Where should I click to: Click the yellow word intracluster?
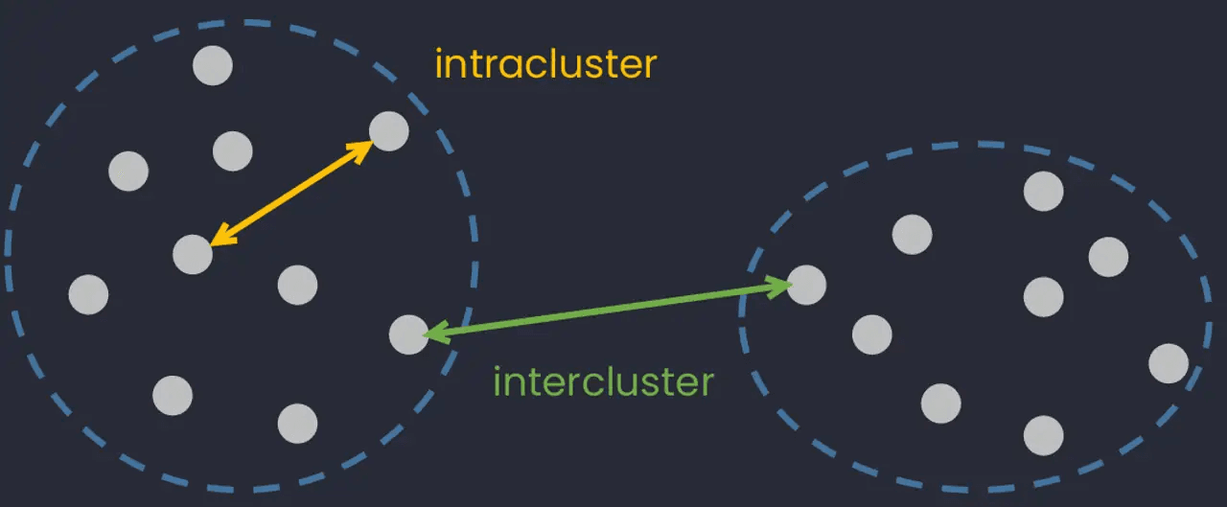[x=545, y=65]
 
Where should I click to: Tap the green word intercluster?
[x=603, y=382]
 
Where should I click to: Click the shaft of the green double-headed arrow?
[x=608, y=309]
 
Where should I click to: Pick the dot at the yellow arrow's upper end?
[x=388, y=130]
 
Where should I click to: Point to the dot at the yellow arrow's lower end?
[x=193, y=254]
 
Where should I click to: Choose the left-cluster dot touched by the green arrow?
[x=408, y=334]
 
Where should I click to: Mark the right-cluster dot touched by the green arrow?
[x=806, y=285]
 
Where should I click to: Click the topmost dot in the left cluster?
[x=212, y=65]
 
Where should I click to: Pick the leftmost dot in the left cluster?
[x=88, y=294]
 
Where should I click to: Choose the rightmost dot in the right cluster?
[x=1169, y=363]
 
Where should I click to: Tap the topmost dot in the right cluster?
[x=1044, y=191]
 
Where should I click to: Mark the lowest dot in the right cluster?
[x=1044, y=436]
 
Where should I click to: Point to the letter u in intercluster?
[x=645, y=382]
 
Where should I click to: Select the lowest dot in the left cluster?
[x=297, y=423]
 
